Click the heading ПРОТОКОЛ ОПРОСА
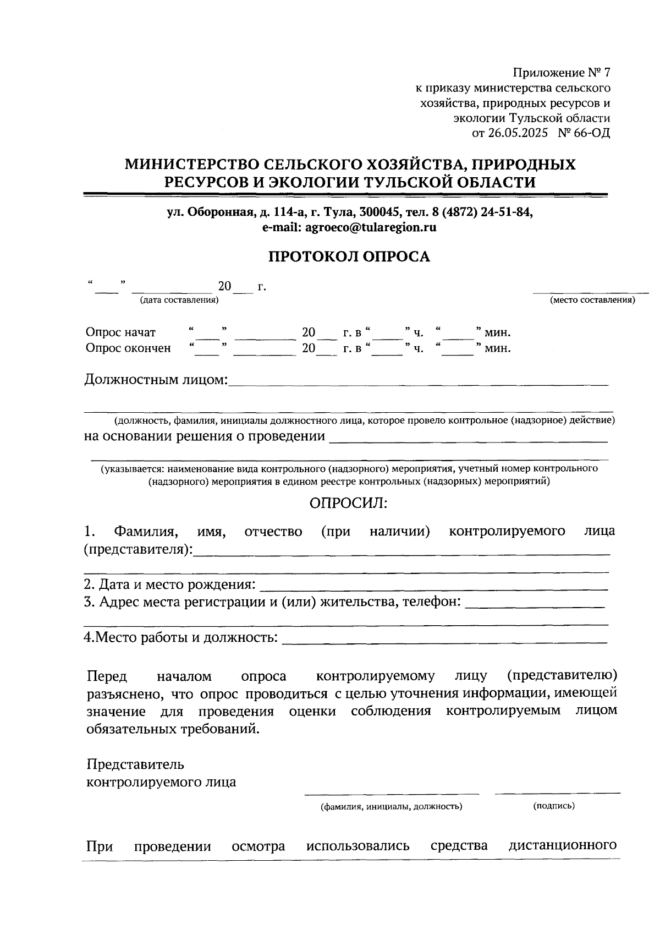[x=349, y=257]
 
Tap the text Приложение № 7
[x=562, y=73]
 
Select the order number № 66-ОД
[x=584, y=133]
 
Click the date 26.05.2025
[x=518, y=133]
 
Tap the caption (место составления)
[x=592, y=300]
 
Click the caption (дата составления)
[x=179, y=300]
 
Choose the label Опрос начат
[x=120, y=332]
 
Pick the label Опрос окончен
[x=128, y=348]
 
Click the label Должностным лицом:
[x=156, y=380]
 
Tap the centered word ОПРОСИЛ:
[x=349, y=503]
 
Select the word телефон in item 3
[x=432, y=602]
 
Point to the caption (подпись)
[x=554, y=806]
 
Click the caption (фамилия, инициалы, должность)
[x=392, y=807]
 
